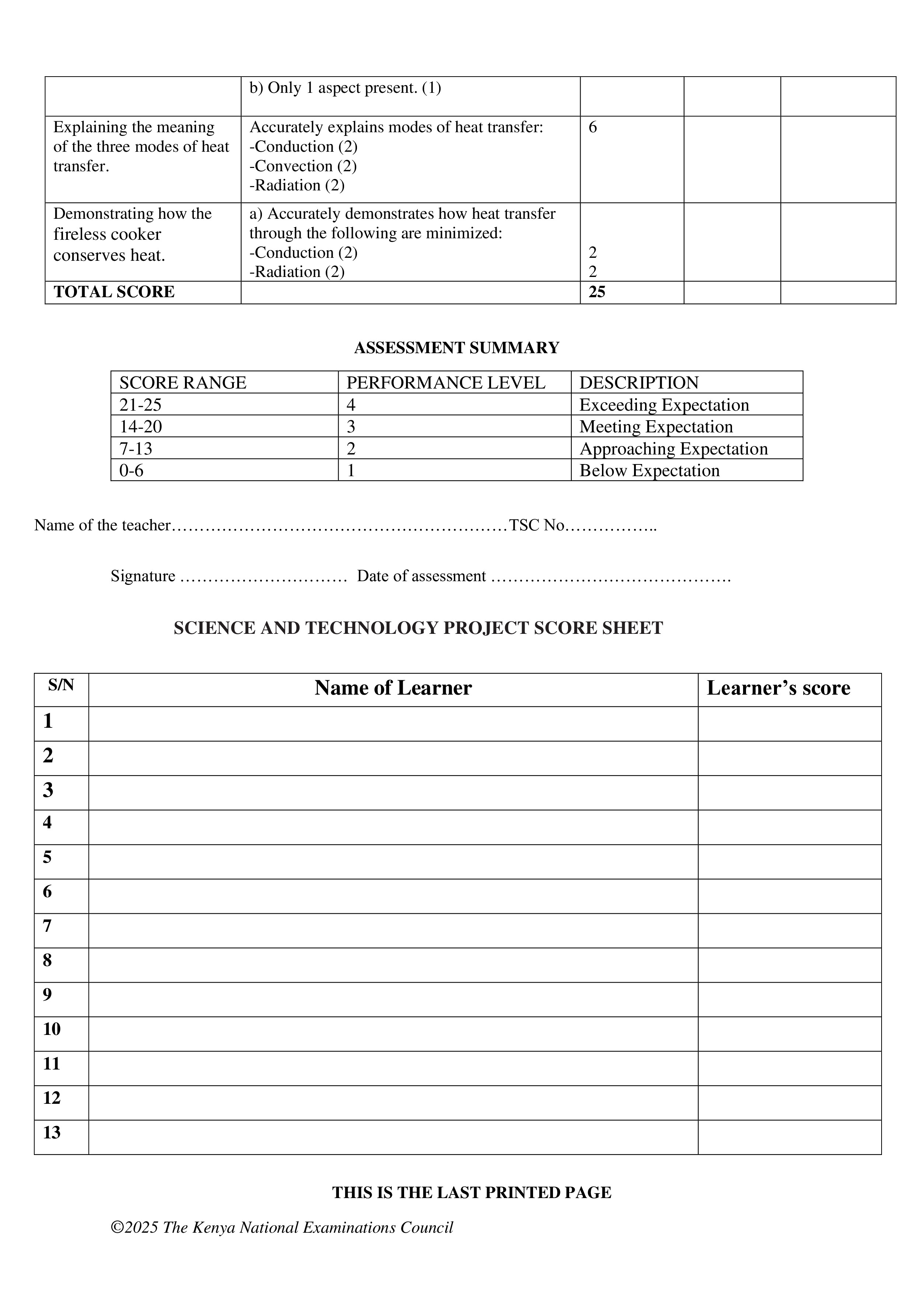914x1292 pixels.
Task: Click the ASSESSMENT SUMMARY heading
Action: pos(456,348)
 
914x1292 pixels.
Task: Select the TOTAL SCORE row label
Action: pos(114,291)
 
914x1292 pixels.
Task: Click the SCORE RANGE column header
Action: pos(183,383)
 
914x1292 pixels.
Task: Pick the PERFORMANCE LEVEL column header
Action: pos(446,383)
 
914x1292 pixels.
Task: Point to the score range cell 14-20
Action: pos(141,426)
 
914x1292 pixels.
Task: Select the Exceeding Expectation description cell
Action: pos(664,405)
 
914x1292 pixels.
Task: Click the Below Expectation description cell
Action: pos(649,470)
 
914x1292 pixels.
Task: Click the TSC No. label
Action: pos(537,525)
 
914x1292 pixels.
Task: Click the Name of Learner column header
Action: pos(393,688)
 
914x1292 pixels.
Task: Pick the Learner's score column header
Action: pos(778,688)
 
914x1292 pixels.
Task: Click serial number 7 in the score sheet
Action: pos(47,926)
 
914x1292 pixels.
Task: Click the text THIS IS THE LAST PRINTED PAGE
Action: pos(472,1193)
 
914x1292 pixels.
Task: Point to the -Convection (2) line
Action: pos(303,166)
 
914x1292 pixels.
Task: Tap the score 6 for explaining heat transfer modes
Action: pos(593,127)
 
